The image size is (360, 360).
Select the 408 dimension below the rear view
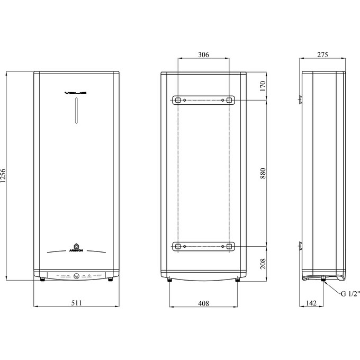(x=203, y=303)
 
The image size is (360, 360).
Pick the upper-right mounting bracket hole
(x=229, y=100)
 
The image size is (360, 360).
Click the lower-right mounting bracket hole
(x=229, y=246)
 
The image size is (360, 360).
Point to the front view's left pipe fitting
(x=41, y=281)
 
